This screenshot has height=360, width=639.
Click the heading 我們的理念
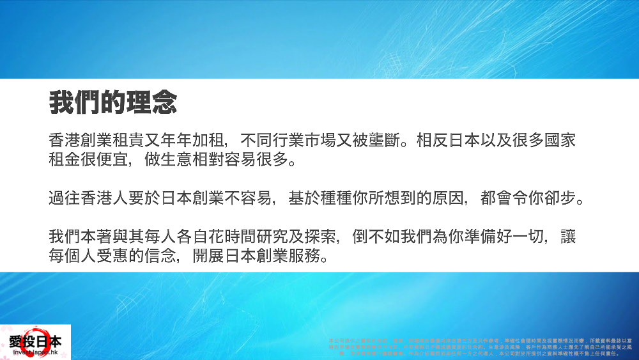click(x=112, y=102)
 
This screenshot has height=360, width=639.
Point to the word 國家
click(x=565, y=139)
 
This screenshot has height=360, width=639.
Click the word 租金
click(x=63, y=158)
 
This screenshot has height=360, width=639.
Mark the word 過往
click(x=63, y=196)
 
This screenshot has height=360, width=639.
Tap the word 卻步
click(x=565, y=196)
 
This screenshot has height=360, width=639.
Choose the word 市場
click(x=297, y=139)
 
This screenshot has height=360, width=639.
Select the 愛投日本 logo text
click(x=35, y=341)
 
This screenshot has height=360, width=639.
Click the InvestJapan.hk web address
click(x=35, y=352)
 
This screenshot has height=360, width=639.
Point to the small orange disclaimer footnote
click(x=473, y=346)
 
